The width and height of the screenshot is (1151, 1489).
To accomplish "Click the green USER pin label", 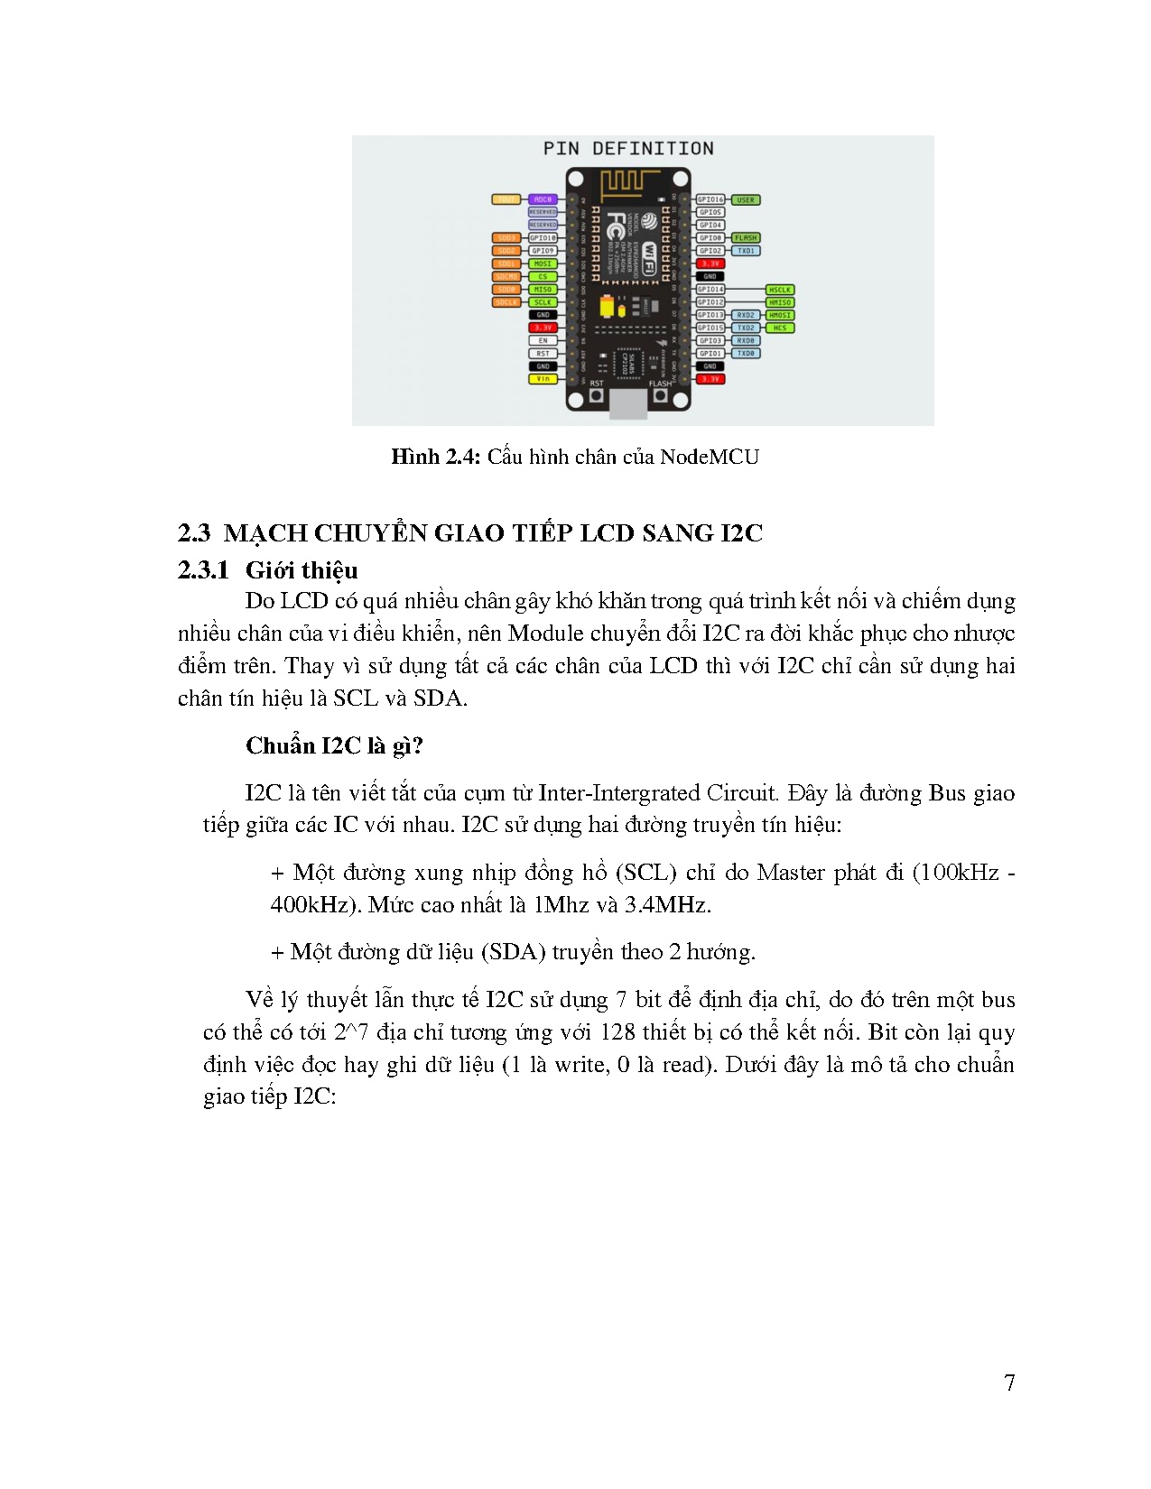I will (745, 199).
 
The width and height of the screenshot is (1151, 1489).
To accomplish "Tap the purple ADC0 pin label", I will (543, 199).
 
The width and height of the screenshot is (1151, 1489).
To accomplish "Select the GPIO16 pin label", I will (710, 199).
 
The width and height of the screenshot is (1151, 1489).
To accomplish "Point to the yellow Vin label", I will (543, 379).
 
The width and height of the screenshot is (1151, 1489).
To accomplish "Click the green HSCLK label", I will (779, 290).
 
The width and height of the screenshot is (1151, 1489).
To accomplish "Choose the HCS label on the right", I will (779, 328).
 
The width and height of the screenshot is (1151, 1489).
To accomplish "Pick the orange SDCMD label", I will (507, 276).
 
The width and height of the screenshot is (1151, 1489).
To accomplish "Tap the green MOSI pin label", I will (543, 264).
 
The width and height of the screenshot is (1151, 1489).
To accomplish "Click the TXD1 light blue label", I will (746, 251).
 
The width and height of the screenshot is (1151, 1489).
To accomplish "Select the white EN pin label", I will (543, 340).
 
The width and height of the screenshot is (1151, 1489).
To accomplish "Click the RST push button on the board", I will (596, 396).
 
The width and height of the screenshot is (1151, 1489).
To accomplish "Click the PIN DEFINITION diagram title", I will (628, 149).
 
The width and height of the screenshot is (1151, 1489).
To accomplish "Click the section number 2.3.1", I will (203, 570).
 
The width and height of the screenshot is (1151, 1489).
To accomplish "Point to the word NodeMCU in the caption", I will (709, 457).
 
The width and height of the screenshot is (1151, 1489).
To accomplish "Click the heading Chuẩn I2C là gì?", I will (334, 745).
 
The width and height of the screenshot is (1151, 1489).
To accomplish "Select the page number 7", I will (1009, 1383).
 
